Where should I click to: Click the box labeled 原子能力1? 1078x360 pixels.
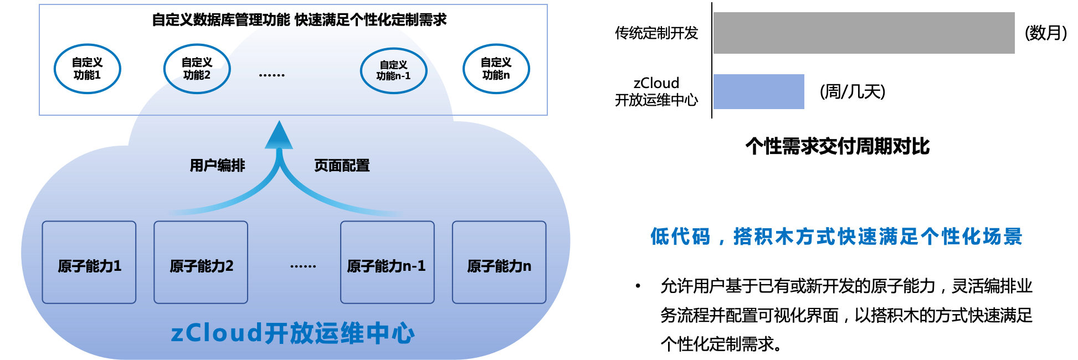tap(89, 263)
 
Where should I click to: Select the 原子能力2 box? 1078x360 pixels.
tap(201, 263)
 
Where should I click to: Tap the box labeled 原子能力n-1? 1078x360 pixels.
tap(387, 263)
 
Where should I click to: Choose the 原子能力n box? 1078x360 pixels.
tap(499, 263)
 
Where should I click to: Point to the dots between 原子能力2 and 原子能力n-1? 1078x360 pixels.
tap(303, 266)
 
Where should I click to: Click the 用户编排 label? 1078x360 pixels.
tap(217, 166)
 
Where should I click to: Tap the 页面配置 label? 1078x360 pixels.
tap(342, 166)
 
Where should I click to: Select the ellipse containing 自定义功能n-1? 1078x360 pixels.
tap(393, 70)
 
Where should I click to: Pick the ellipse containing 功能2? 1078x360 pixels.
tap(197, 69)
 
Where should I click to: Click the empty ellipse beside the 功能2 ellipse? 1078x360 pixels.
tap(88, 69)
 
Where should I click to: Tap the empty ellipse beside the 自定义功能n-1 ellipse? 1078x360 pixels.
tap(496, 69)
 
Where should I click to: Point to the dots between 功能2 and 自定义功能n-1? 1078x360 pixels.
tap(271, 75)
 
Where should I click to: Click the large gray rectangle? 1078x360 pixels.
tap(864, 33)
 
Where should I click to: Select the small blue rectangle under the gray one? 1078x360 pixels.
tap(758, 91)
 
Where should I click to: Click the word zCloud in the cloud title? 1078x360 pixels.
tap(216, 333)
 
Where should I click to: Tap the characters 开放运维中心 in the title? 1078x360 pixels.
tap(339, 333)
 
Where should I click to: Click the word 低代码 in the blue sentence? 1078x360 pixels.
tap(680, 236)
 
